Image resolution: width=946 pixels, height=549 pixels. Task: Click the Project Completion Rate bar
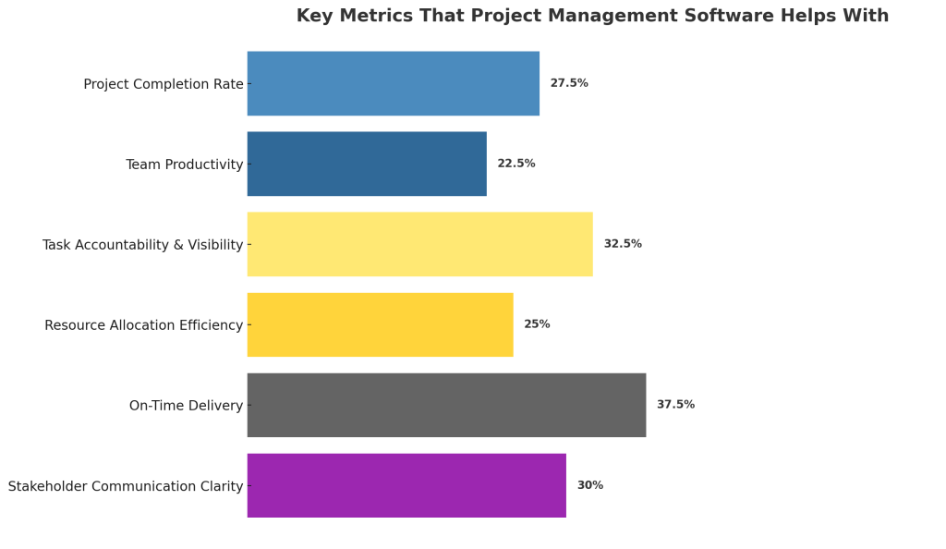393,83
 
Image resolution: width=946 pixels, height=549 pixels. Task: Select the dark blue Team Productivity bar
367,164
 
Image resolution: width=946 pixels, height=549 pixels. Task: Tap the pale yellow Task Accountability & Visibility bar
419,244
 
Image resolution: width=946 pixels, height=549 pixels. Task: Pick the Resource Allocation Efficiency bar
380,324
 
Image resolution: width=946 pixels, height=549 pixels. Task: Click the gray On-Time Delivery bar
446,405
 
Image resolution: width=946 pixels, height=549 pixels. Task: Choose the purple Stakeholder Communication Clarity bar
406,485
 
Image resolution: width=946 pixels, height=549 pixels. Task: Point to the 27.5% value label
569,83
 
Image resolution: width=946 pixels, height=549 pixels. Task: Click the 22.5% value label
516,164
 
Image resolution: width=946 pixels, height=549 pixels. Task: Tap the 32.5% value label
623,244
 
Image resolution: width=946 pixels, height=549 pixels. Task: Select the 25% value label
537,324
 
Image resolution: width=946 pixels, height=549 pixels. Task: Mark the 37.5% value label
675,405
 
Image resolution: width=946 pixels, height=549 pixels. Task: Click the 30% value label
590,485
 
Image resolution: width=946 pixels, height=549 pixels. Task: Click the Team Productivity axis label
185,165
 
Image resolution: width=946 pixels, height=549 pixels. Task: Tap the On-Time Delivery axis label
186,406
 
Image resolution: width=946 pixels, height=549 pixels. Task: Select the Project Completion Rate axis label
164,84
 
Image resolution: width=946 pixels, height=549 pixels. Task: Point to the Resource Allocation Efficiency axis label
144,325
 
